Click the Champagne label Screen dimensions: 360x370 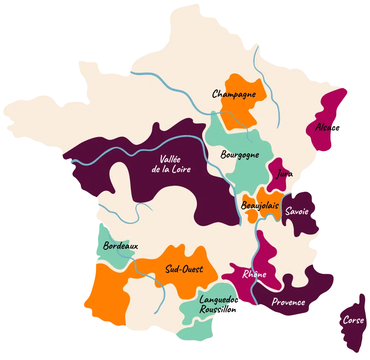point(234,94)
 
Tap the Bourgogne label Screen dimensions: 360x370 point(240,155)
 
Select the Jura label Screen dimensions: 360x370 point(284,174)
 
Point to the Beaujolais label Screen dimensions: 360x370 point(260,205)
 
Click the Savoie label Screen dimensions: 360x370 point(297,211)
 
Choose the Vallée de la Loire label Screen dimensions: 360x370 point(171,164)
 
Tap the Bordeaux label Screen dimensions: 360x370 point(120,246)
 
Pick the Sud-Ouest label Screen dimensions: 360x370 point(184,269)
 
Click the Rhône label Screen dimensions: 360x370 point(254,274)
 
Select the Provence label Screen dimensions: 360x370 point(288,302)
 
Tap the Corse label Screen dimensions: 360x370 point(353,320)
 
